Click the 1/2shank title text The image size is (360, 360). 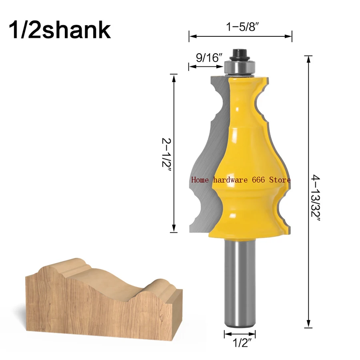(x=59, y=30)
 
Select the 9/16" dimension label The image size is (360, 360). (x=209, y=58)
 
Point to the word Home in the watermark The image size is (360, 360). (x=200, y=180)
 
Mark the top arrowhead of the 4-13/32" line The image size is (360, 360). (x=308, y=60)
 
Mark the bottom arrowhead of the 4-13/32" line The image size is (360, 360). (x=308, y=324)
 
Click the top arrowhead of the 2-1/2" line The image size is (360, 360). (x=173, y=77)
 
